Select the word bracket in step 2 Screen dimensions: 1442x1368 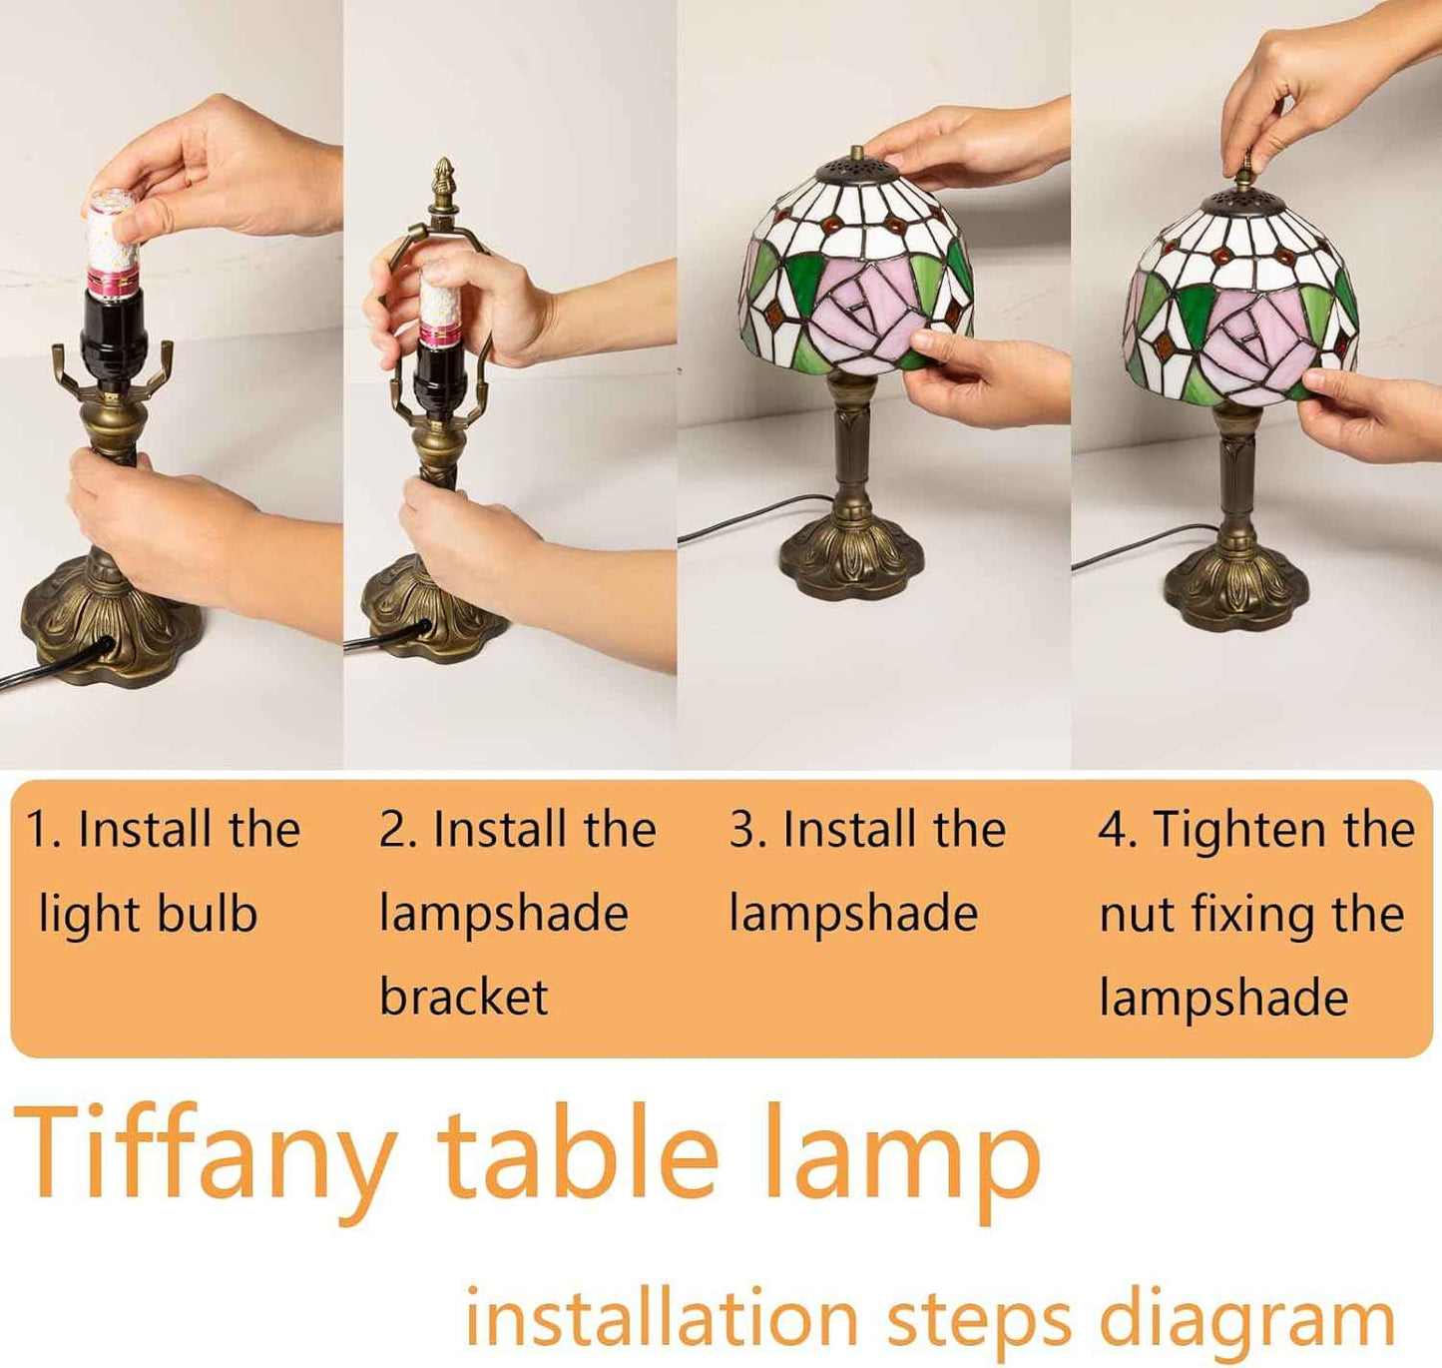tap(464, 996)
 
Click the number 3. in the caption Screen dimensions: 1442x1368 tap(747, 830)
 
